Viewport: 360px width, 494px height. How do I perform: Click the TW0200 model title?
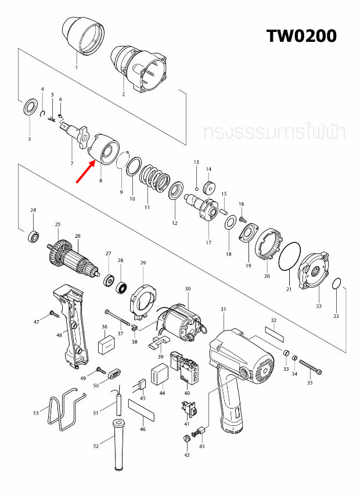[x=301, y=35]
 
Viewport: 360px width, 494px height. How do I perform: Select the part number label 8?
[x=100, y=181]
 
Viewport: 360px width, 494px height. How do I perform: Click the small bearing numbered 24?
[x=33, y=236]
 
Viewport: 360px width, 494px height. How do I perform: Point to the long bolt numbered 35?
[x=309, y=367]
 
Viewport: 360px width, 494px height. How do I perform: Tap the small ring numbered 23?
[x=336, y=284]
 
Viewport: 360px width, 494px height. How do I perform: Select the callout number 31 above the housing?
[x=223, y=310]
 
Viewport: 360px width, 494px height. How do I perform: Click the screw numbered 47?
[x=53, y=314]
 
